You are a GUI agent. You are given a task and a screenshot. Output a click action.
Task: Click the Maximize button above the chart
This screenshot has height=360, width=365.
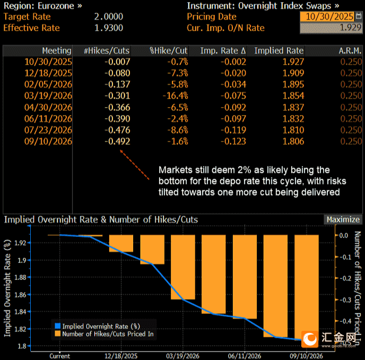[343, 219]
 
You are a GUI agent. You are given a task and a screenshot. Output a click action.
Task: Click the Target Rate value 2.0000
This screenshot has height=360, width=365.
[109, 16]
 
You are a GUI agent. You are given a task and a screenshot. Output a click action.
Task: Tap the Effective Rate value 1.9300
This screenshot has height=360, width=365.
[109, 28]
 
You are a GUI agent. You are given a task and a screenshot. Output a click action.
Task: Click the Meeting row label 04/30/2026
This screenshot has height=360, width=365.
[48, 107]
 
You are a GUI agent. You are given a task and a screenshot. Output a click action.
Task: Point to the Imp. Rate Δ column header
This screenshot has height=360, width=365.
[223, 51]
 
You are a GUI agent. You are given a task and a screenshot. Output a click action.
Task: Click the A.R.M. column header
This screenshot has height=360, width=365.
[350, 51]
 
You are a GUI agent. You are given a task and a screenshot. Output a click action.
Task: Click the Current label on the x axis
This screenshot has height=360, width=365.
[59, 356]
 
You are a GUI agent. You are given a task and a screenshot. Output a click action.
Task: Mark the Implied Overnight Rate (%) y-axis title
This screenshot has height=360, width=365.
[7, 288]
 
